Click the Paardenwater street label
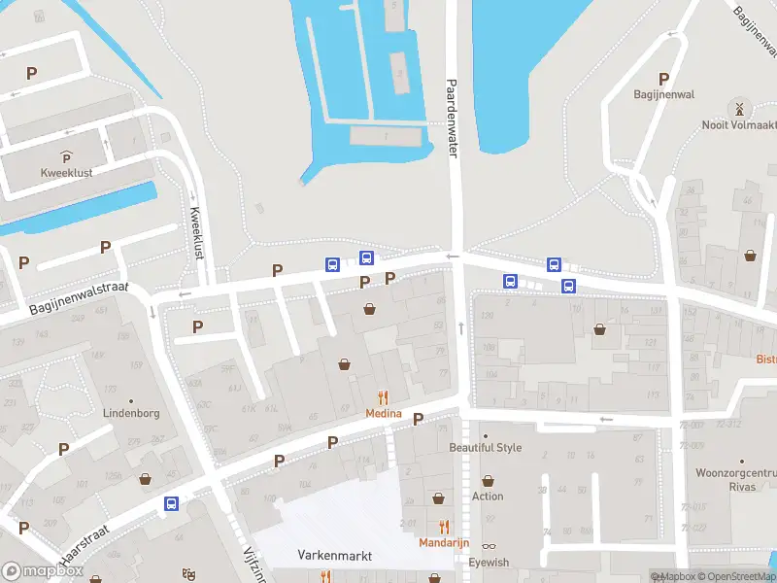click(452, 118)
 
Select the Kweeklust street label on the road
click(196, 232)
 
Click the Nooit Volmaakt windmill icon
click(739, 107)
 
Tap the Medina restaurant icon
click(384, 397)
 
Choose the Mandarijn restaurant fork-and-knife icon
click(445, 527)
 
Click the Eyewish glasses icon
click(488, 547)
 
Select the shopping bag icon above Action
click(488, 480)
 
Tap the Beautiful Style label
click(485, 448)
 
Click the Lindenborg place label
click(131, 412)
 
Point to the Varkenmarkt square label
click(334, 556)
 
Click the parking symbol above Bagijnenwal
click(664, 79)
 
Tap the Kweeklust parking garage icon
click(67, 157)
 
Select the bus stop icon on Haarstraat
click(172, 503)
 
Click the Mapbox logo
click(41, 571)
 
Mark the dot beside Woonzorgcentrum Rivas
click(742, 461)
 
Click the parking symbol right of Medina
click(419, 419)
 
